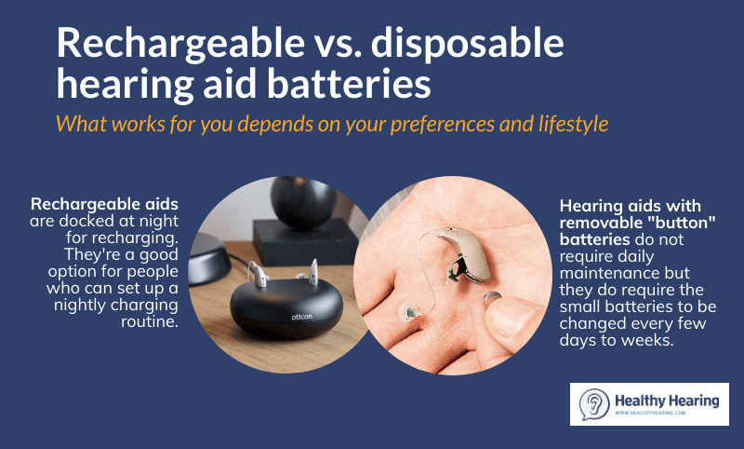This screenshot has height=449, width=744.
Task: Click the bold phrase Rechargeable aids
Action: [104, 203]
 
